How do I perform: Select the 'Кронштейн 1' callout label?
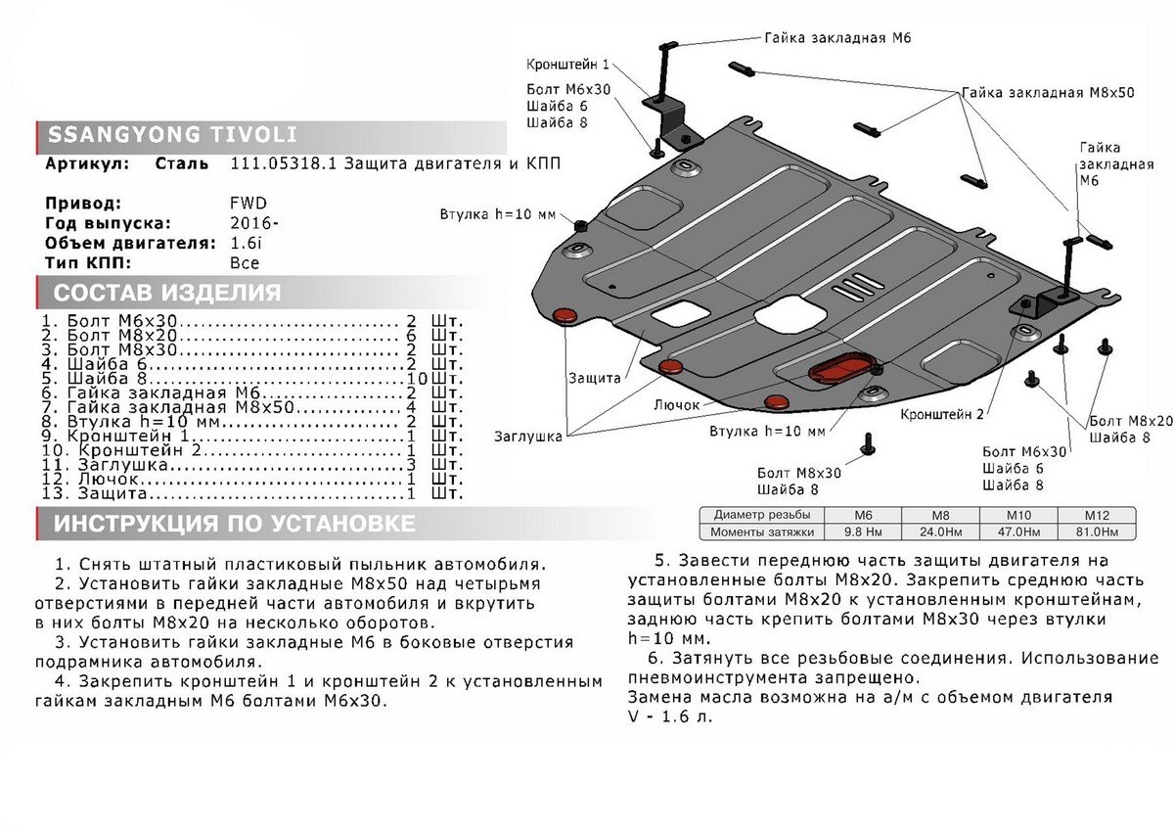(x=566, y=65)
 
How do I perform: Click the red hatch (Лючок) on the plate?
(x=839, y=369)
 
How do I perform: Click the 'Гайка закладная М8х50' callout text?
(x=1047, y=93)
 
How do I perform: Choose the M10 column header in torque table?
(x=1025, y=515)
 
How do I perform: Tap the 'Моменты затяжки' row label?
(x=763, y=531)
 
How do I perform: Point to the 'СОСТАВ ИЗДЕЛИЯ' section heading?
(x=166, y=293)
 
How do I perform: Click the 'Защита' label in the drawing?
(x=593, y=377)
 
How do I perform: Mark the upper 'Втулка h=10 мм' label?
(x=498, y=214)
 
